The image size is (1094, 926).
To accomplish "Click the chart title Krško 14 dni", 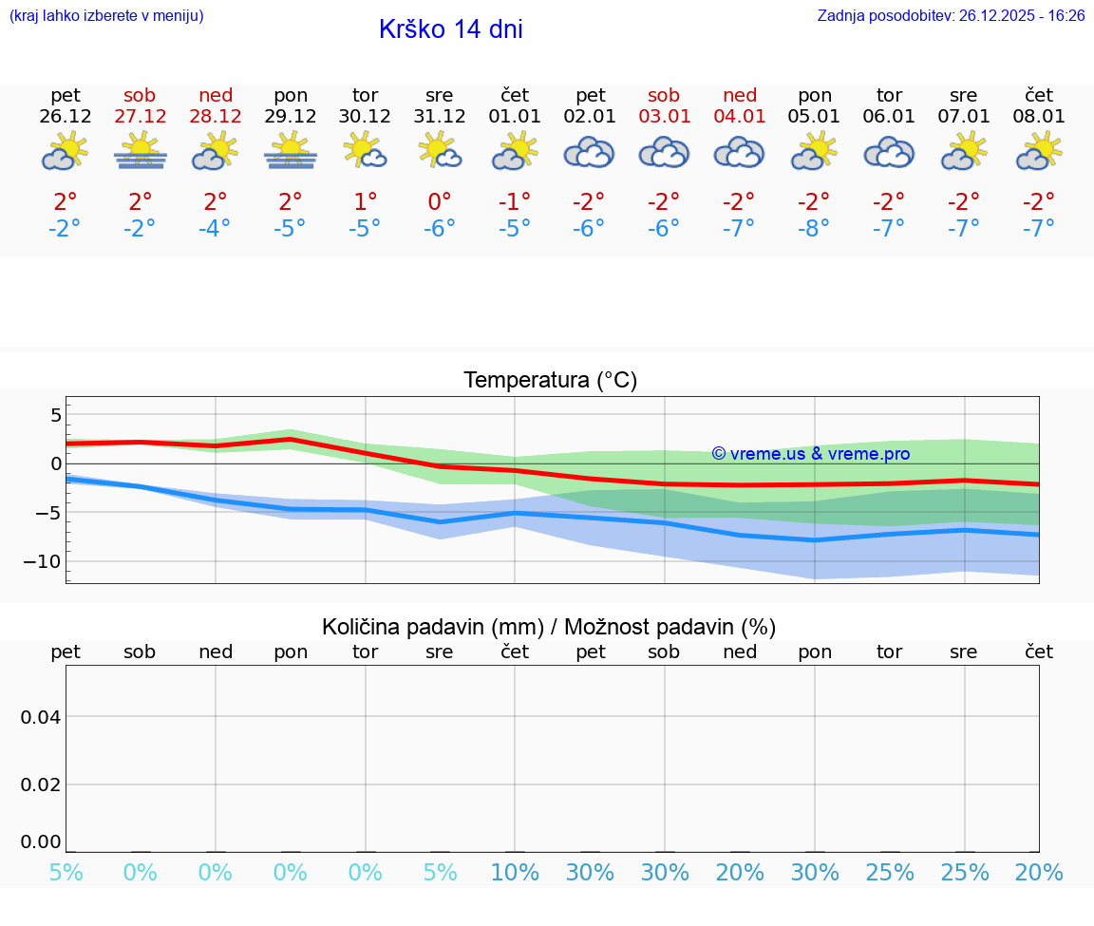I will point(450,29).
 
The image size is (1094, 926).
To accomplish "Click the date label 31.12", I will point(440,117).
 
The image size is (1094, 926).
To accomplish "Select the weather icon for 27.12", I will point(141,151).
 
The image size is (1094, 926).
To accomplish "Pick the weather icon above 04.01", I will point(739,152).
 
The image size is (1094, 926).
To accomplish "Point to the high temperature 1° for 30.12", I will point(365,201).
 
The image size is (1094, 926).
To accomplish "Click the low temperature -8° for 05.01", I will point(814,229).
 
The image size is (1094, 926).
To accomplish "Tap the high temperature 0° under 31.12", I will point(440,201).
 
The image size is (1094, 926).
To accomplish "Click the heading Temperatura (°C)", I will point(551,381).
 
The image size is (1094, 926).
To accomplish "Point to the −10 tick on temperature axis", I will point(42,561).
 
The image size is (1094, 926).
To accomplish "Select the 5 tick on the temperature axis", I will point(55,415).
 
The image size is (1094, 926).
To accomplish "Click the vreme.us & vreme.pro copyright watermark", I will point(811,454).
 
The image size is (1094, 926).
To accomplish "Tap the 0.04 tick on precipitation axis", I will point(41,716).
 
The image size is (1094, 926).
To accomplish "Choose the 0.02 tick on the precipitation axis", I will point(41,784).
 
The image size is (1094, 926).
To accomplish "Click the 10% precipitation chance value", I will point(515,873).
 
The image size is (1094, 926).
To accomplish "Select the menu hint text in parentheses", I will point(106,16).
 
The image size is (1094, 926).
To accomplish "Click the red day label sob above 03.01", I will point(664,95).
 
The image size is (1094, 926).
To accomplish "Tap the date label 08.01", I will point(1039,117).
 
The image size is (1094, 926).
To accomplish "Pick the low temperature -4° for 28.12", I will point(216,229).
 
